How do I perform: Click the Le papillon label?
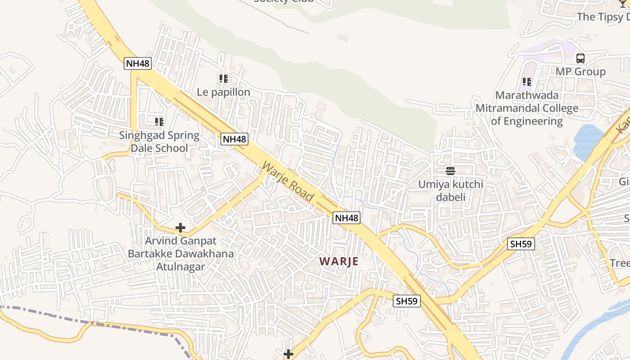[x=224, y=92]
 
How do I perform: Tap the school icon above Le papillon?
[x=224, y=79]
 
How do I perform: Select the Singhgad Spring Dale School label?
[x=159, y=142]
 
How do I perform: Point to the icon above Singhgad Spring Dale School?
[x=159, y=121]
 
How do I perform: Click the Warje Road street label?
[x=287, y=181]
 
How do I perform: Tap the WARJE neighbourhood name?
[x=339, y=261]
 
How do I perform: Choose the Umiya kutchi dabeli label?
[x=450, y=191]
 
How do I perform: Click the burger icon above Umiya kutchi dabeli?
[x=450, y=171]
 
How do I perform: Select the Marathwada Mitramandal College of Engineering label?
[x=526, y=108]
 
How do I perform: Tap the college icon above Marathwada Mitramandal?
[x=526, y=82]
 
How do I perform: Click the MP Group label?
[x=580, y=72]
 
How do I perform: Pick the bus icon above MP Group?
[x=580, y=58]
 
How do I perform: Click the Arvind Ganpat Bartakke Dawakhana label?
[x=180, y=254]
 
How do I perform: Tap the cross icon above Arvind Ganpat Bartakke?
[x=180, y=228]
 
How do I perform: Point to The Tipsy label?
[x=603, y=17]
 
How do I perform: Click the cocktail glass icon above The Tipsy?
[x=623, y=4]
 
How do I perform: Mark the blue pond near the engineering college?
[x=589, y=141]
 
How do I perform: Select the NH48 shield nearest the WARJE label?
[x=347, y=218]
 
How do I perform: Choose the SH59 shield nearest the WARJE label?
[x=407, y=301]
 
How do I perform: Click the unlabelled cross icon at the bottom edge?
[x=288, y=355]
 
